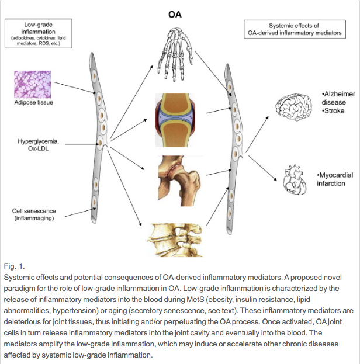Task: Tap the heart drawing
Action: click(x=296, y=180)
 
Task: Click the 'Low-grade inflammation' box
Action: click(x=37, y=34)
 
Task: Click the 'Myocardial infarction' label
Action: click(x=332, y=179)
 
